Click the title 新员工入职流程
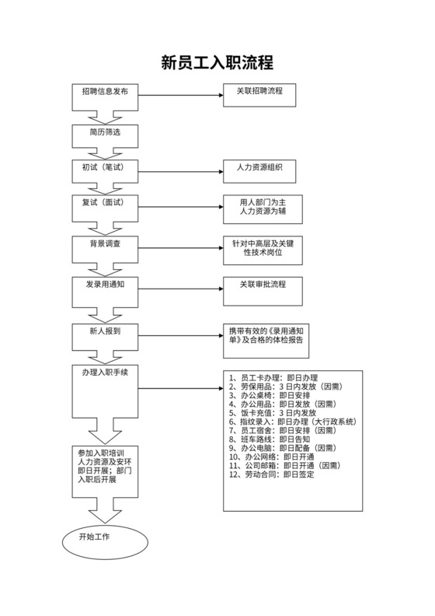pos(217,62)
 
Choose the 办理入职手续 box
pos(105,374)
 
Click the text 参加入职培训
pos(105,452)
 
